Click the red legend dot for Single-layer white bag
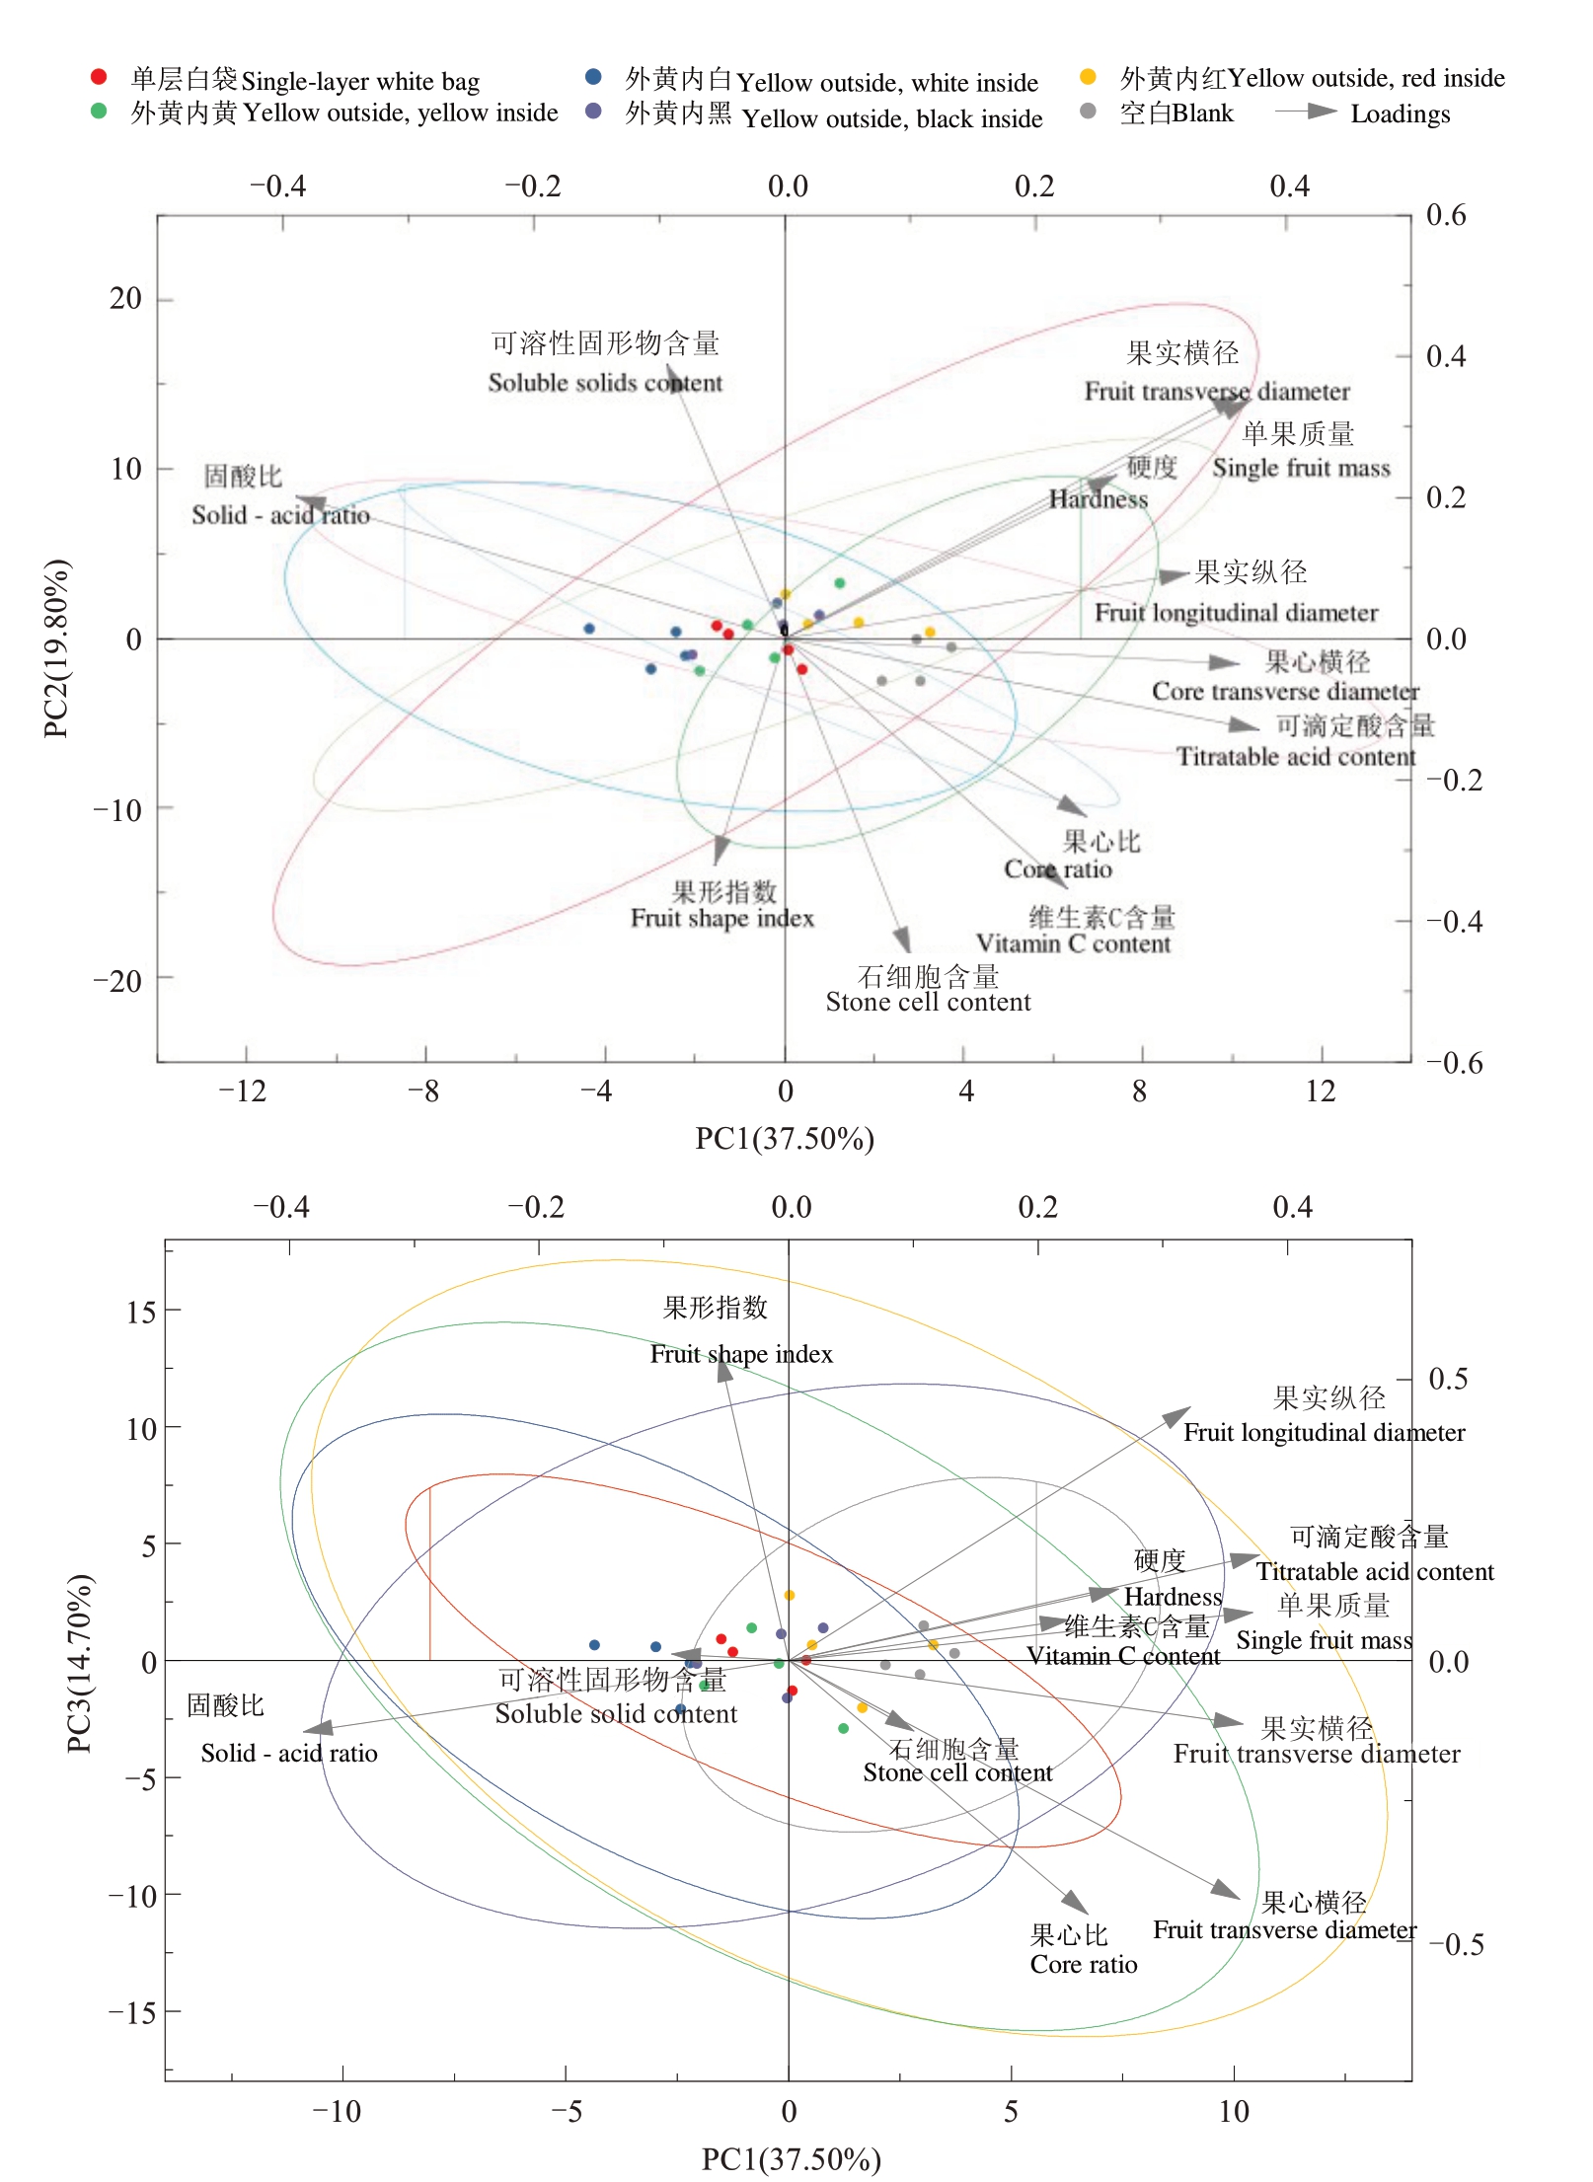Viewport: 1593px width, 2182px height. pyautogui.click(x=98, y=77)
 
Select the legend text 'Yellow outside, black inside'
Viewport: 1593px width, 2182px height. pyautogui.click(x=891, y=119)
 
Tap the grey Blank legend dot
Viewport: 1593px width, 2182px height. pyautogui.click(x=1088, y=112)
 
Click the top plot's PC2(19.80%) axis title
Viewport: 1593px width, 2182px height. pyautogui.click(x=56, y=648)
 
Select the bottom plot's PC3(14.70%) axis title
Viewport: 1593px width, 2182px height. pyautogui.click(x=79, y=1663)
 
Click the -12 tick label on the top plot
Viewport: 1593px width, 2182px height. pyautogui.click(x=243, y=1091)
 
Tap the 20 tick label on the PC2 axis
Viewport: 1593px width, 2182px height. pyautogui.click(x=125, y=298)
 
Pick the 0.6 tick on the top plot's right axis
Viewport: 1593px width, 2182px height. pyautogui.click(x=1446, y=215)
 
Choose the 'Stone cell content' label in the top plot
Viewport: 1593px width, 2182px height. pyautogui.click(x=928, y=1003)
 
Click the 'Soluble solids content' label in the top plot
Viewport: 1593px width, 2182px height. pyautogui.click(x=605, y=383)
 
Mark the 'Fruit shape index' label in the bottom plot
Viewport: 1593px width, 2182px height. pyautogui.click(x=741, y=1354)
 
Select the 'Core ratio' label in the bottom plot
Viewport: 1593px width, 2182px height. pyautogui.click(x=1083, y=1965)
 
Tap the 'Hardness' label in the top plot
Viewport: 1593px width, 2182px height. pyautogui.click(x=1098, y=499)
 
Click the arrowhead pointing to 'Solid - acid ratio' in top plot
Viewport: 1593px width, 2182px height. pyautogui.click(x=309, y=502)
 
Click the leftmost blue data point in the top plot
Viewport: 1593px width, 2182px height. pyautogui.click(x=589, y=629)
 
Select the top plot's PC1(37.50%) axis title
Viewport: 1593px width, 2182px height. pyautogui.click(x=785, y=1139)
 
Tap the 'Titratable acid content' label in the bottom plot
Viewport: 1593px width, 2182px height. pyautogui.click(x=1374, y=1572)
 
